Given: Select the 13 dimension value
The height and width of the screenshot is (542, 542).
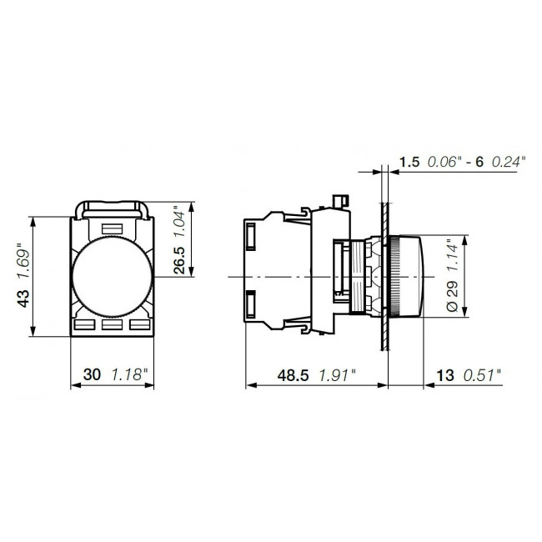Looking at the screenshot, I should click(x=446, y=375).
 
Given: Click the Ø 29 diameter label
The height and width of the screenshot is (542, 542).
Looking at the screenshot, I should click(x=451, y=296).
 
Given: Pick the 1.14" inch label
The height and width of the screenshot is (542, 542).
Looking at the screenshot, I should click(x=451, y=255).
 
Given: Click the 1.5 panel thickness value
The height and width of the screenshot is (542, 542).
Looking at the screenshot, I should click(x=409, y=162).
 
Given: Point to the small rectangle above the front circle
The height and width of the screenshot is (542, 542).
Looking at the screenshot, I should click(x=111, y=227).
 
